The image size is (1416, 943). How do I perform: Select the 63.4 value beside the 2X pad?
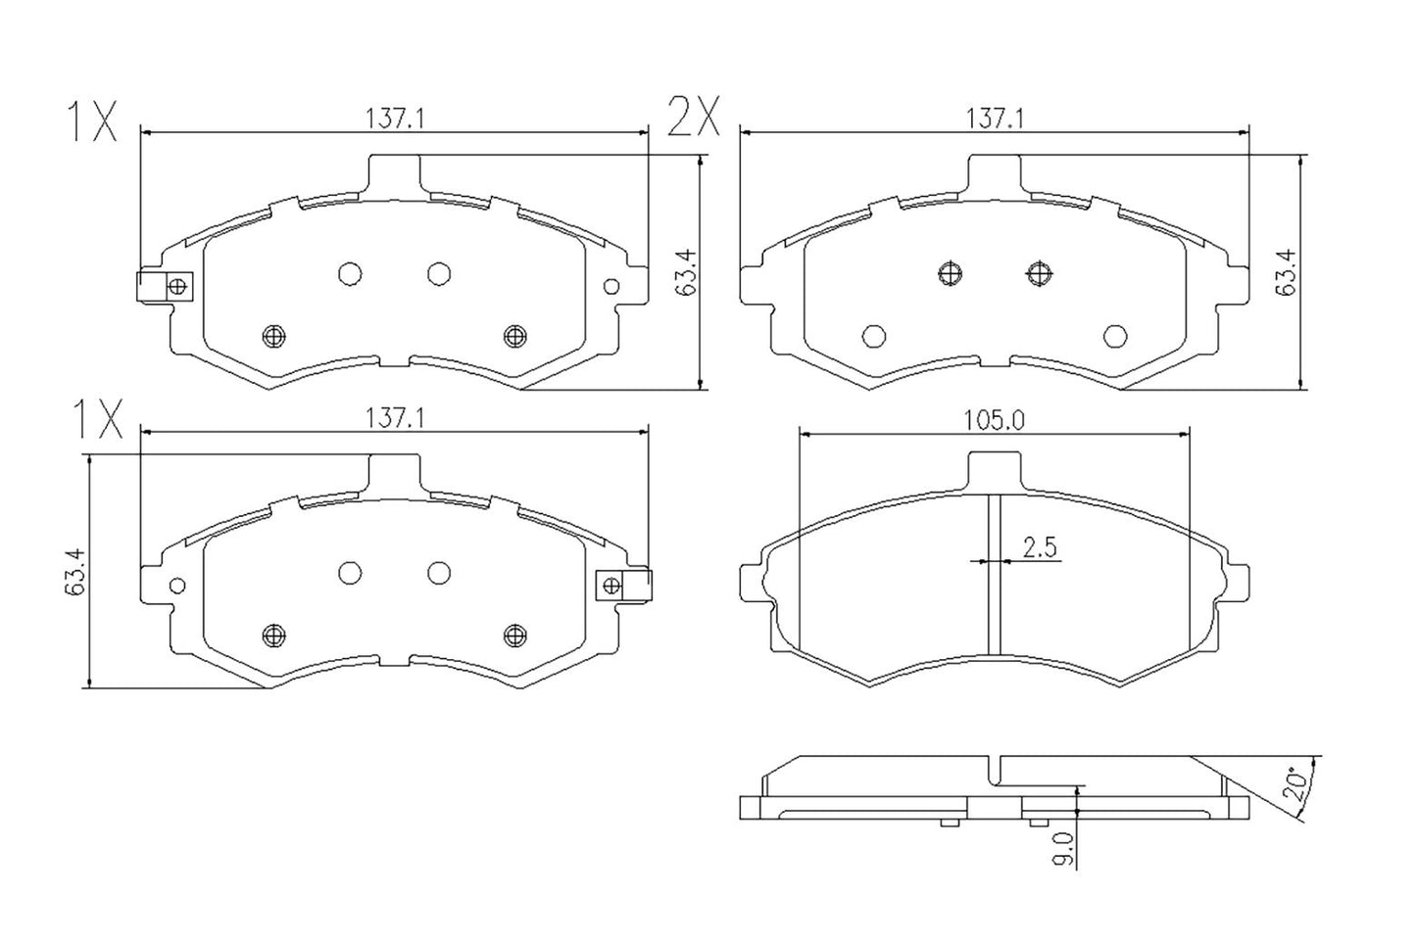(x=1285, y=271)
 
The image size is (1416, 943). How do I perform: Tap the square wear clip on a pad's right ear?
(x=623, y=585)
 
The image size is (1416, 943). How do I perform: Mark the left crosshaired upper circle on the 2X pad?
(x=950, y=273)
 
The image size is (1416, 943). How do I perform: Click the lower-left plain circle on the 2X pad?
(x=873, y=336)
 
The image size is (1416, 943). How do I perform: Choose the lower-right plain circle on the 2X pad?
(x=1114, y=336)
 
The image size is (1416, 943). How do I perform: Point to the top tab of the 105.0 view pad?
(x=994, y=468)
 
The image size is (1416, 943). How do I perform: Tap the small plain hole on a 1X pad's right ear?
(x=611, y=286)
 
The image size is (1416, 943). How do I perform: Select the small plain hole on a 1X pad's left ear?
(x=177, y=586)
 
